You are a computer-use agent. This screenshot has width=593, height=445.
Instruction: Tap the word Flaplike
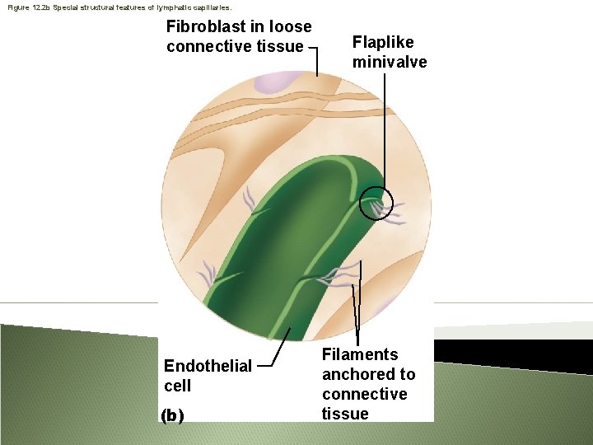pos(383,42)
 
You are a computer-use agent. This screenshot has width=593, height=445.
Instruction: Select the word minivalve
pos(390,62)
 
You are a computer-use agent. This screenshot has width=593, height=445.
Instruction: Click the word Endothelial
pos(208,366)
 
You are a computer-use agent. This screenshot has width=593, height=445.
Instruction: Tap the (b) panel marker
pos(172,415)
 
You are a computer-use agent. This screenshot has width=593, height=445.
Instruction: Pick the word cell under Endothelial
pos(177,386)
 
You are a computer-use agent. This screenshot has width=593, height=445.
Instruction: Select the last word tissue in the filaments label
pos(345,414)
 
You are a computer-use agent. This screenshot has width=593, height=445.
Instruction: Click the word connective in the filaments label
pos(364,394)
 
